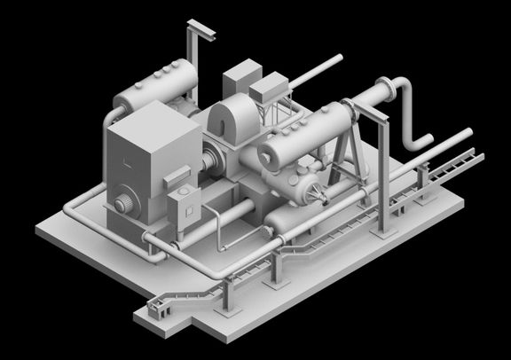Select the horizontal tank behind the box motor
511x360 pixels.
pyautogui.click(x=160, y=84)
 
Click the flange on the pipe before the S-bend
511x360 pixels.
pyautogui.click(x=386, y=90)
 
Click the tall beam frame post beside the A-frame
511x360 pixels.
pyautogui.click(x=384, y=177)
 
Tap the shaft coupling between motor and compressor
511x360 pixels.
pyautogui.click(x=213, y=165)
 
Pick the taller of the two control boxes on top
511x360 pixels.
pyautogui.click(x=240, y=80)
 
